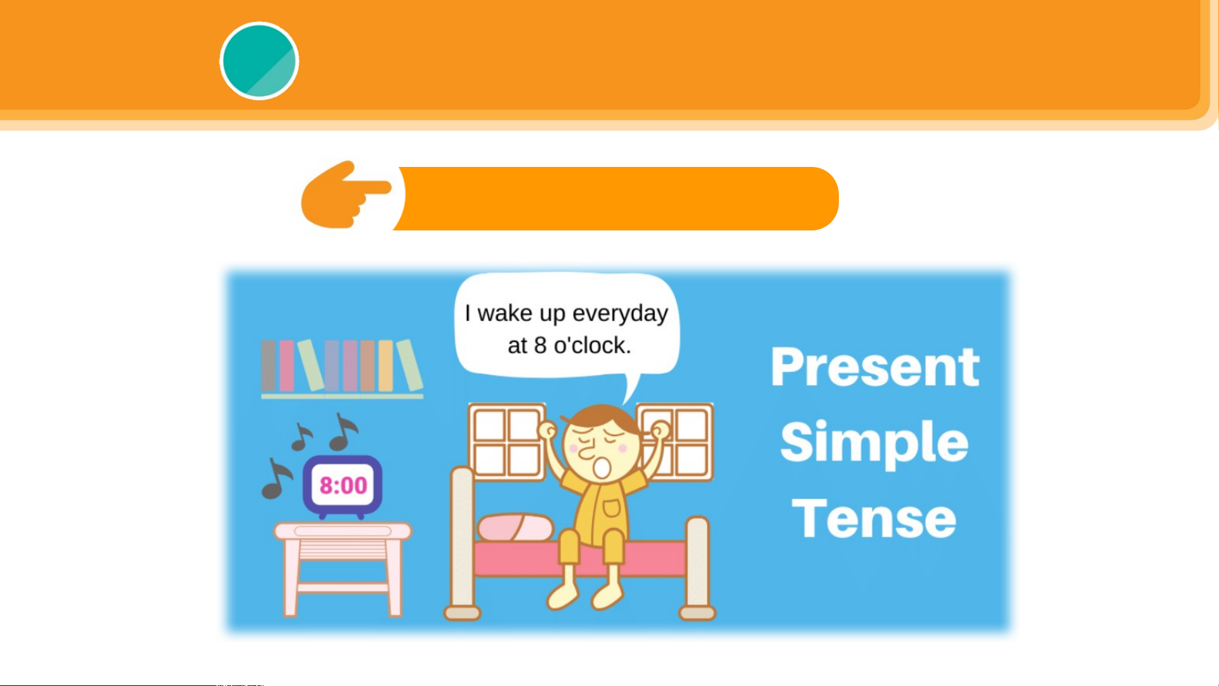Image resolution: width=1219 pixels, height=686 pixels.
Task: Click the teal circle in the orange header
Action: pyautogui.click(x=259, y=61)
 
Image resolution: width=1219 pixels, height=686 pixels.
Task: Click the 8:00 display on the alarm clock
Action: pyautogui.click(x=343, y=485)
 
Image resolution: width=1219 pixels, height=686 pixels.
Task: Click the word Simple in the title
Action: pyautogui.click(x=874, y=444)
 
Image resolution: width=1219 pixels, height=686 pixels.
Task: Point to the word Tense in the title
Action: pyautogui.click(x=874, y=518)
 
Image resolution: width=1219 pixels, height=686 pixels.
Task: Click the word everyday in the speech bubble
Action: pyautogui.click(x=620, y=314)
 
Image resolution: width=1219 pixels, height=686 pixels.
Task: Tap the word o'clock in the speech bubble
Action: pyautogui.click(x=592, y=345)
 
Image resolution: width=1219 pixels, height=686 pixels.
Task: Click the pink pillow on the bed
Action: pyautogui.click(x=515, y=527)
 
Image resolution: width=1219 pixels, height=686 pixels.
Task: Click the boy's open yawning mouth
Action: pyautogui.click(x=601, y=468)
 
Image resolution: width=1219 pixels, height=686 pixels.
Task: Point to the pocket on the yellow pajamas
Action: pyautogui.click(x=611, y=508)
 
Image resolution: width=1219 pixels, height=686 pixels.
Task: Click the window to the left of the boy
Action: pyautogui.click(x=506, y=442)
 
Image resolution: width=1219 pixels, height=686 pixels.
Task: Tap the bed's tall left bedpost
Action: pyautogui.click(x=462, y=543)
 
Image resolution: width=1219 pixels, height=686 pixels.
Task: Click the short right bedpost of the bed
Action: pyautogui.click(x=697, y=569)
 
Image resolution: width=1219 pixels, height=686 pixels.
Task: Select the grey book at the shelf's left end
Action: pyautogui.click(x=269, y=366)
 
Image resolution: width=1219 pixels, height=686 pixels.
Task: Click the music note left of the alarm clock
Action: pyautogui.click(x=276, y=478)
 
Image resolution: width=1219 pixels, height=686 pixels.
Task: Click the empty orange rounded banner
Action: pyautogui.click(x=616, y=199)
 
